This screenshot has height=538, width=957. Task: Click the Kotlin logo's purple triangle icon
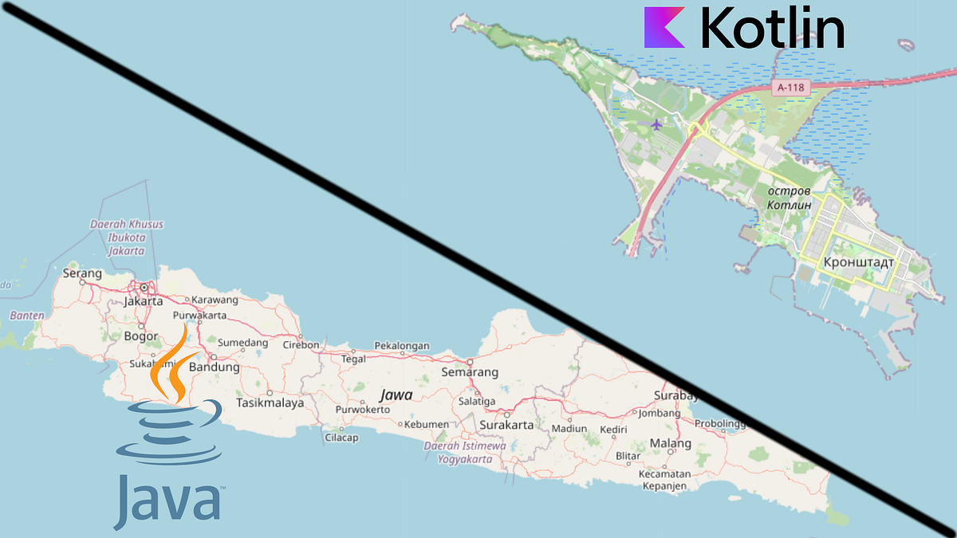click(663, 27)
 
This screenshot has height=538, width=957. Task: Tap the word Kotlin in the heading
click(772, 28)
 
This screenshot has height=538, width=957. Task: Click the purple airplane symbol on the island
click(656, 124)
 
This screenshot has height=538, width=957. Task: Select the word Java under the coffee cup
click(167, 501)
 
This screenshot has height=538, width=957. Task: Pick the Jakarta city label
click(144, 301)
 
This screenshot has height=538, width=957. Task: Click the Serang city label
click(82, 273)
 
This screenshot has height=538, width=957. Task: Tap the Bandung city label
click(214, 367)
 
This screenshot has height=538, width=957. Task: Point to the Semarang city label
click(470, 372)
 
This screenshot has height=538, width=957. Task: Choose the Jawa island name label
click(396, 395)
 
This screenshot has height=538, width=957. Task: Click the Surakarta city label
click(506, 425)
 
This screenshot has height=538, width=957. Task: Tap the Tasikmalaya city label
click(270, 403)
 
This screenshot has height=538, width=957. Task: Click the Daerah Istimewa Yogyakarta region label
click(465, 453)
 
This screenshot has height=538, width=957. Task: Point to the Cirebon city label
click(301, 345)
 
